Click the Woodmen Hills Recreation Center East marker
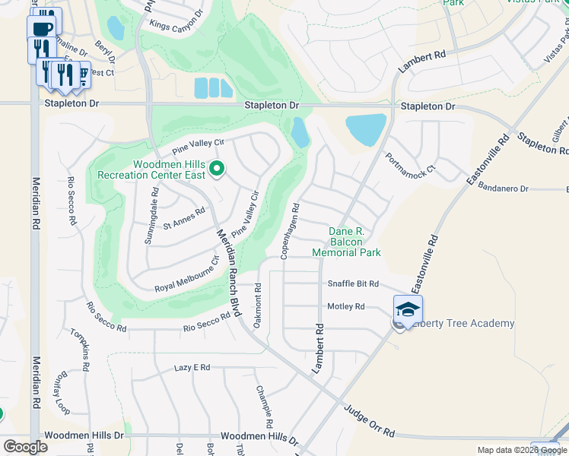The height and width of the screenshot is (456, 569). pyautogui.click(x=217, y=169)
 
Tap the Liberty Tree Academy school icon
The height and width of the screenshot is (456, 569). pyautogui.click(x=407, y=309)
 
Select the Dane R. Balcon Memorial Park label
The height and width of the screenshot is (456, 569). pyautogui.click(x=346, y=242)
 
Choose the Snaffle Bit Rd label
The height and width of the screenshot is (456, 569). pyautogui.click(x=353, y=283)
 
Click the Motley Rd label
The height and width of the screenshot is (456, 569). pyautogui.click(x=346, y=306)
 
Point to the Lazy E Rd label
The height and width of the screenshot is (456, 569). pyautogui.click(x=192, y=367)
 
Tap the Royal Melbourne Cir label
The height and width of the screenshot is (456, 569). pyautogui.click(x=186, y=278)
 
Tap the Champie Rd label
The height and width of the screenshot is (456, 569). pyautogui.click(x=264, y=404)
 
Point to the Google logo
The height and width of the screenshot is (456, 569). pyautogui.click(x=25, y=447)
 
